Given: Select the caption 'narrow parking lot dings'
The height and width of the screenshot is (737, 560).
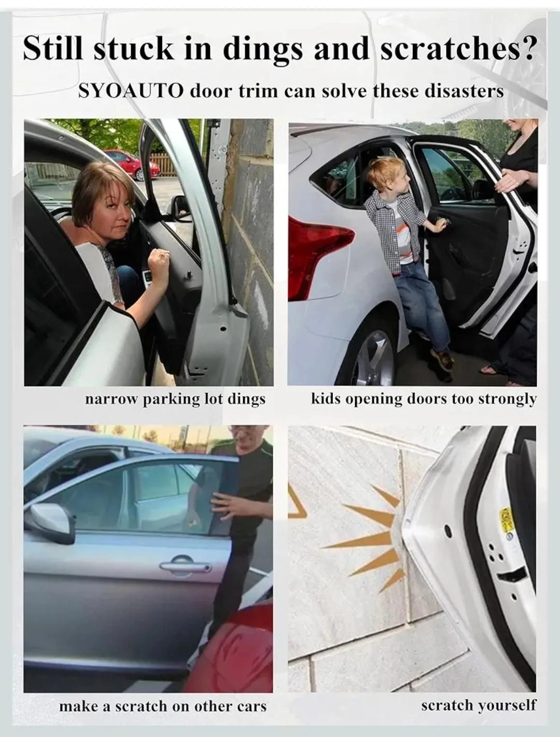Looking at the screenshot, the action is (x=175, y=400).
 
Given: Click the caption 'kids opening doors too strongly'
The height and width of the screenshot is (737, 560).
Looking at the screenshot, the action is (x=424, y=400).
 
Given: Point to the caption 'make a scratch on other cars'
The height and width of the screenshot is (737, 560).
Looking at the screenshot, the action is (x=163, y=706).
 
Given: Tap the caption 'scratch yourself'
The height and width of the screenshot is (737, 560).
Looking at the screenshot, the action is (x=479, y=705).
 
